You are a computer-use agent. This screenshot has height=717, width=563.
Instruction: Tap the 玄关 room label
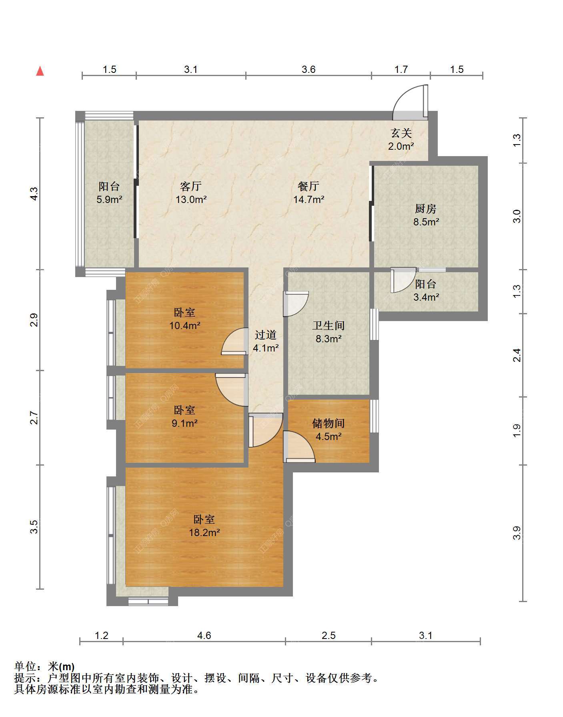(401, 133)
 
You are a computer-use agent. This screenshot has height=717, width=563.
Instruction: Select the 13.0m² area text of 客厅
(191, 199)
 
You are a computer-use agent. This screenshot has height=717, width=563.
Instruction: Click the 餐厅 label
(309, 186)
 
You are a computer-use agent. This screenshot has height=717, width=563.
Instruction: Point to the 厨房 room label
(425, 209)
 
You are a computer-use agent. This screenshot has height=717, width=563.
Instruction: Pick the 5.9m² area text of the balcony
(109, 199)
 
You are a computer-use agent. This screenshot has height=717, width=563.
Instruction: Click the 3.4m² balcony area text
(427, 297)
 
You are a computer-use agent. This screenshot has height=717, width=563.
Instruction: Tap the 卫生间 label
(329, 326)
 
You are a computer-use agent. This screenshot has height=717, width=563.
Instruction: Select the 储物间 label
(329, 424)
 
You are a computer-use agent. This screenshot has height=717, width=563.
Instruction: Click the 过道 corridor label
(266, 335)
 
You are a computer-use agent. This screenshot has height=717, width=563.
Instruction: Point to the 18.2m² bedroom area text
(204, 532)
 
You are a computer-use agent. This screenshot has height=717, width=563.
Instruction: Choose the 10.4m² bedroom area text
(185, 325)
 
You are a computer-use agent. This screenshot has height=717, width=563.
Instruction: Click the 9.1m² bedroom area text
(185, 423)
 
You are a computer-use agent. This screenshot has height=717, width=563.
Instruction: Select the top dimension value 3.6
(309, 70)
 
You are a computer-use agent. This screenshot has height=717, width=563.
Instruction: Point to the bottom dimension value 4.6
(204, 635)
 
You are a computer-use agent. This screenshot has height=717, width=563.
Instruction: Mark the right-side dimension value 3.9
(517, 533)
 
